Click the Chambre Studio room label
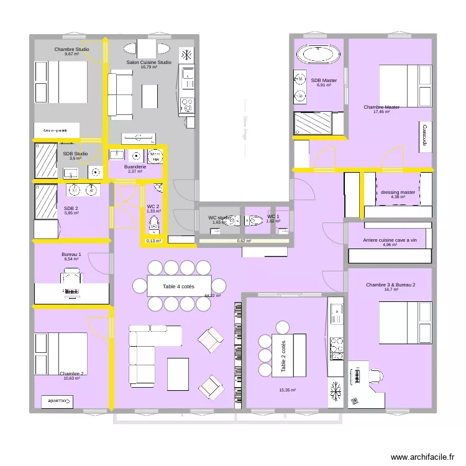pyautogui.click(x=71, y=49)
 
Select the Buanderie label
pyautogui.click(x=135, y=167)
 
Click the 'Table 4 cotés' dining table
pyautogui.click(x=179, y=286)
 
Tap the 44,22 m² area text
pyautogui.click(x=212, y=296)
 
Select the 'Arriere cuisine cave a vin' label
pyautogui.click(x=390, y=240)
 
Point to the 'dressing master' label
pyautogui.click(x=398, y=193)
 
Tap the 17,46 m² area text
pyautogui.click(x=381, y=112)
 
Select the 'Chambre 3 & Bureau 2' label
pyautogui.click(x=391, y=285)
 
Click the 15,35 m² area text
pyautogui.click(x=287, y=390)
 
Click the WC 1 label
pyautogui.click(x=273, y=216)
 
